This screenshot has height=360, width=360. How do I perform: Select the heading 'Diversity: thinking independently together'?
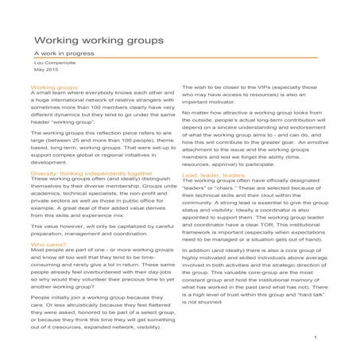[91, 172]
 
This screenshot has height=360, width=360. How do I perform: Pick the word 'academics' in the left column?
[48, 188]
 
